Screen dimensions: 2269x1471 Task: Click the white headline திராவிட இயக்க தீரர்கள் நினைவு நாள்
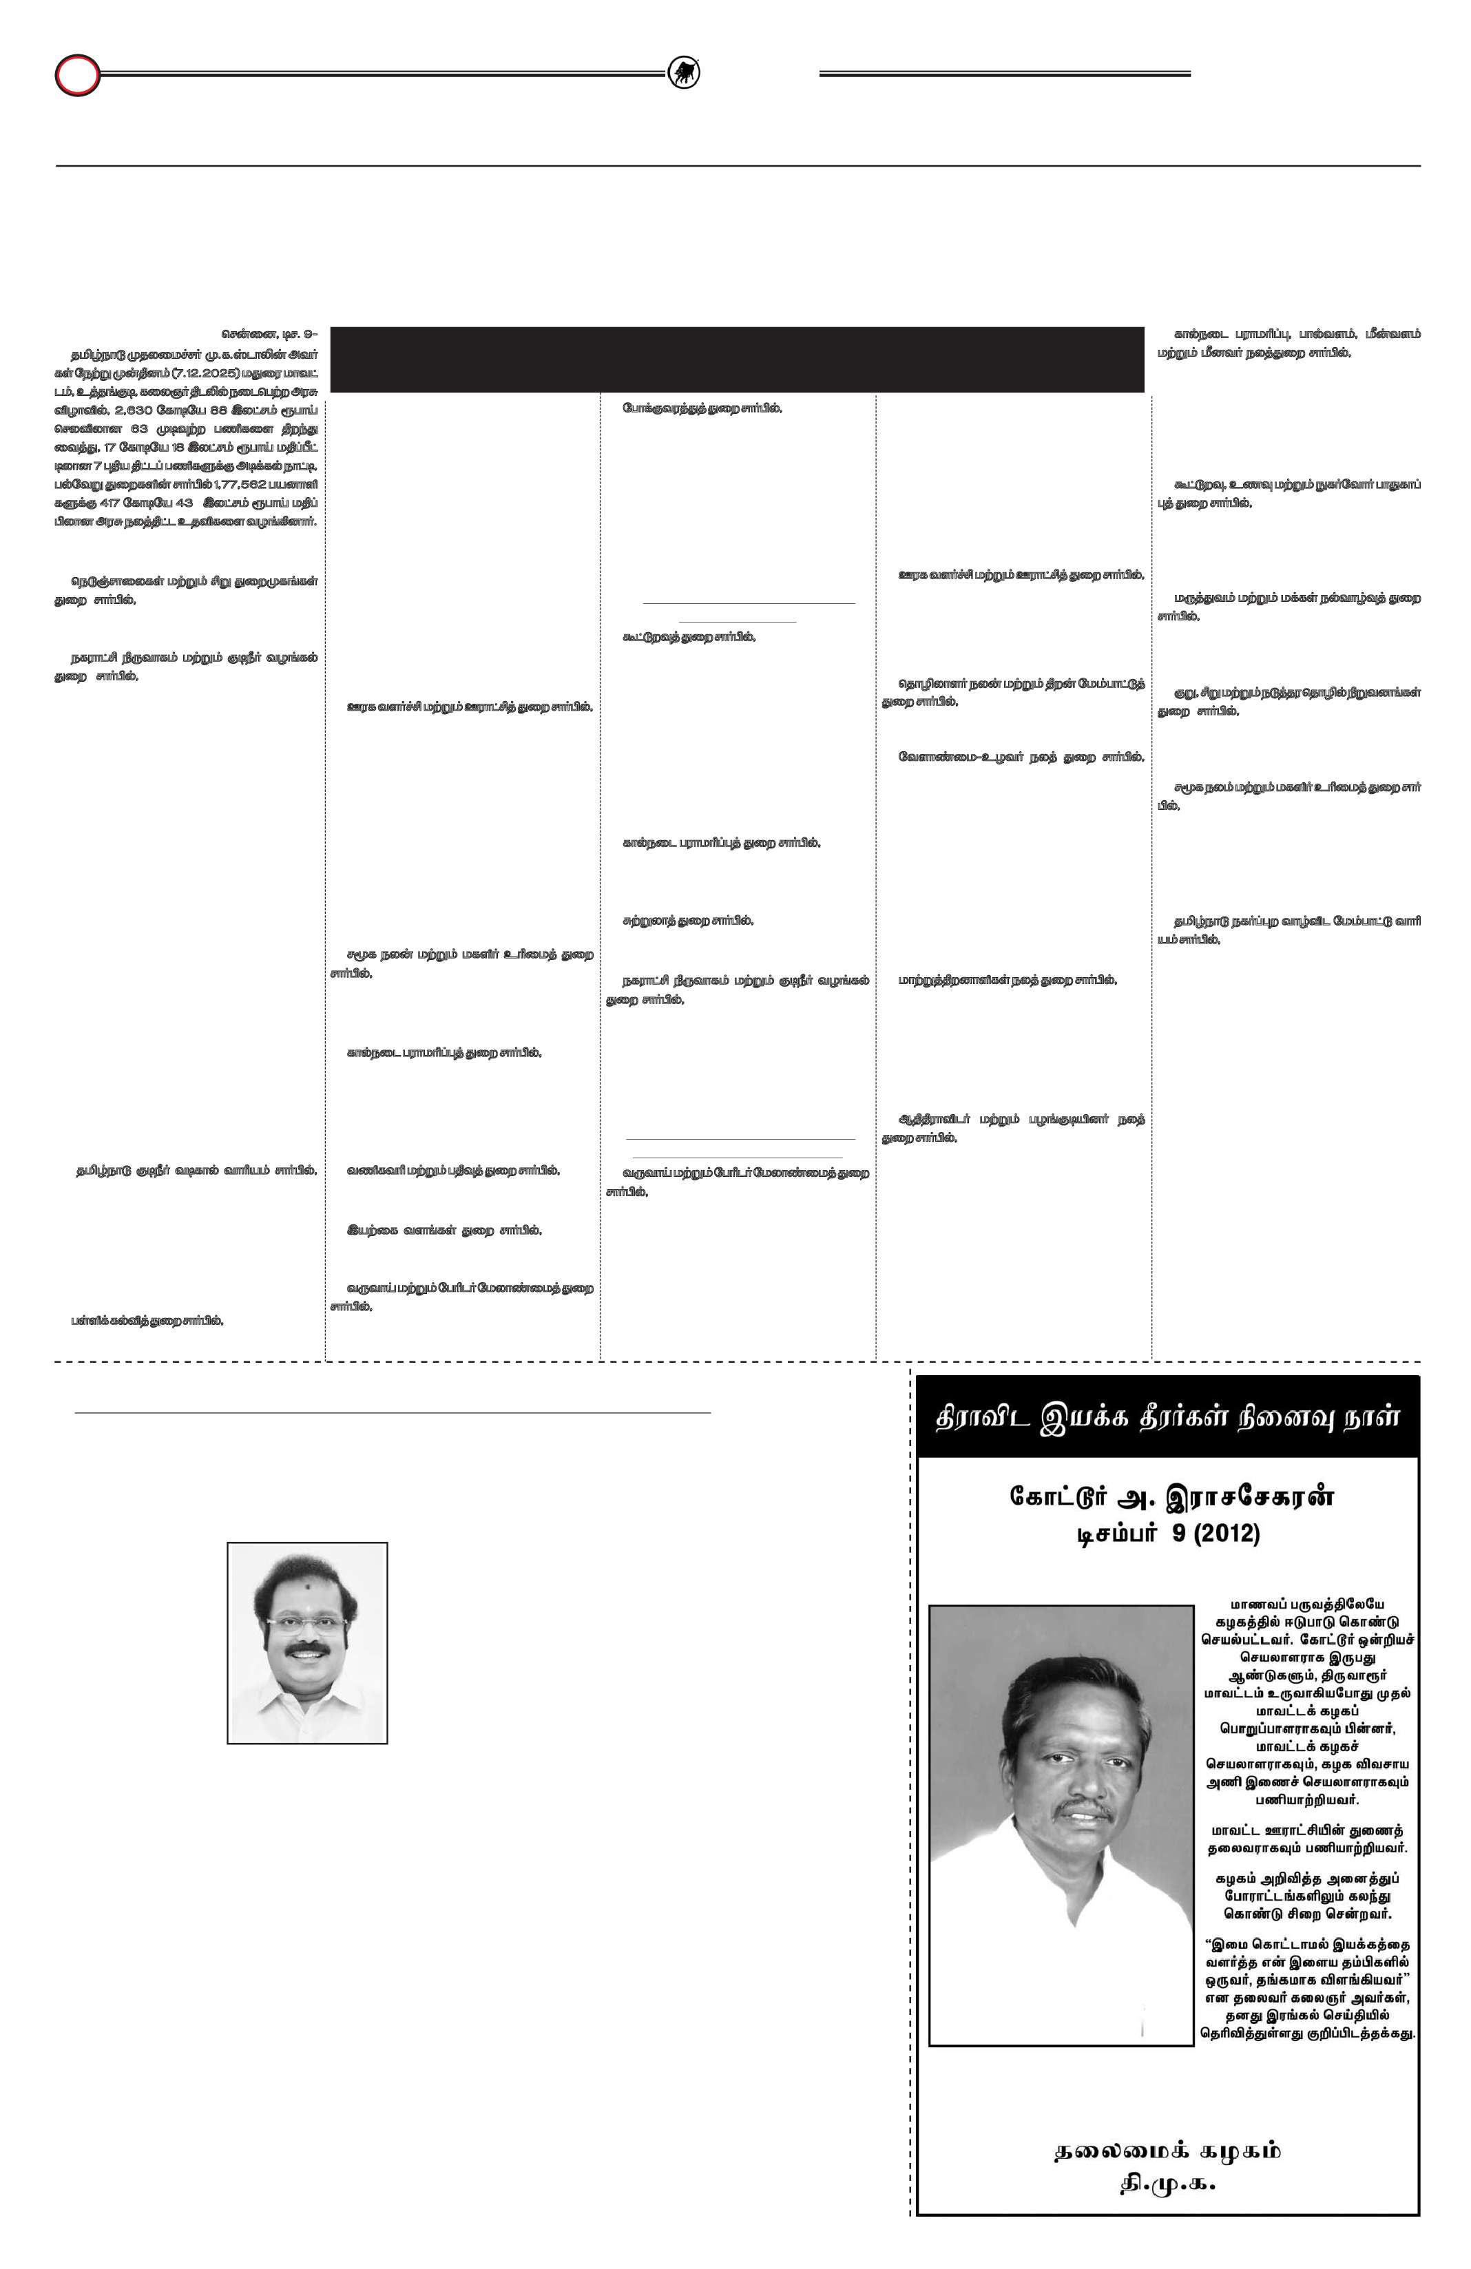coord(1166,1416)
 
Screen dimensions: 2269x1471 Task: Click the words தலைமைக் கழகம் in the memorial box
coord(1167,2151)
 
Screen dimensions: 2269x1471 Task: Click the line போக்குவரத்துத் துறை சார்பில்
coord(702,408)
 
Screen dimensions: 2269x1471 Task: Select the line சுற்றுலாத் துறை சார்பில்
coord(687,921)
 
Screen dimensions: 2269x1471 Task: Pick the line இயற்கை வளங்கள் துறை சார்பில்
coord(444,1231)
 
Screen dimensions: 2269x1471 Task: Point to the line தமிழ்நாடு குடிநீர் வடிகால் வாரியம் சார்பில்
coord(196,1171)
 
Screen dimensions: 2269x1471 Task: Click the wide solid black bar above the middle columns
coord(736,359)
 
